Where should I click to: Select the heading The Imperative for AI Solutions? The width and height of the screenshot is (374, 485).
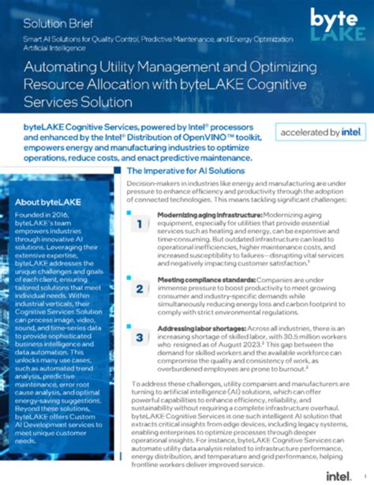184,171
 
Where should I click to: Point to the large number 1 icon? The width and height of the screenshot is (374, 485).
139,227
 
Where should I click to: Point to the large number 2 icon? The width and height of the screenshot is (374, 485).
139,289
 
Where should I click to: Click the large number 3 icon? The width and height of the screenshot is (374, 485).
139,338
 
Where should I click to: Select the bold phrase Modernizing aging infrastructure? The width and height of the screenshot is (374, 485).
202,214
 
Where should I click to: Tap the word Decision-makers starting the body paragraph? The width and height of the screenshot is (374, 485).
153,183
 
